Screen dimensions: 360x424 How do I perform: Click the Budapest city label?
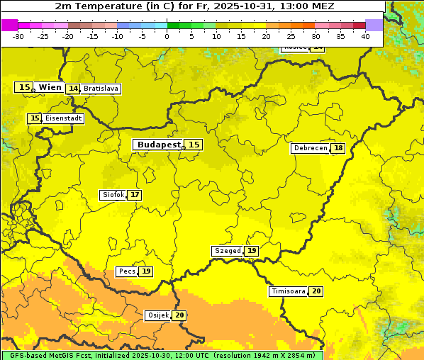158,145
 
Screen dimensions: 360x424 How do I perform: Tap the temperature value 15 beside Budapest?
194,145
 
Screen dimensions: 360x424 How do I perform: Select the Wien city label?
50,87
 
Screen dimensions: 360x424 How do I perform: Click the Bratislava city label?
100,89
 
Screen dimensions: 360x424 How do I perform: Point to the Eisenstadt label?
63,118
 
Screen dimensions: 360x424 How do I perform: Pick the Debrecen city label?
310,148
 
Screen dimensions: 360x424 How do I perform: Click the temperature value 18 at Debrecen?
338,148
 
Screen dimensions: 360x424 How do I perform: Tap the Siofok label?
113,195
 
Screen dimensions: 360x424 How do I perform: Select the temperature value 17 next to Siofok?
134,195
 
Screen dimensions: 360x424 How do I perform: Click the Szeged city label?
227,251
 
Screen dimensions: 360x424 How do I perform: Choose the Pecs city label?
127,271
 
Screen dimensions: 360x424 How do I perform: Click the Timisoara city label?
289,291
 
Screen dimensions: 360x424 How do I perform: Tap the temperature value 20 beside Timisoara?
316,291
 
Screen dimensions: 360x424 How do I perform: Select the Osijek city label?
157,315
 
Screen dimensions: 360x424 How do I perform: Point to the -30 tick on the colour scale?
18,36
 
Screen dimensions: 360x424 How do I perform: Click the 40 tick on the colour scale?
365,36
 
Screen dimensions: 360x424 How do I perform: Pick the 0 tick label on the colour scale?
167,36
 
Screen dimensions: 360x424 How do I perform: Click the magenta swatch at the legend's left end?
9,25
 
